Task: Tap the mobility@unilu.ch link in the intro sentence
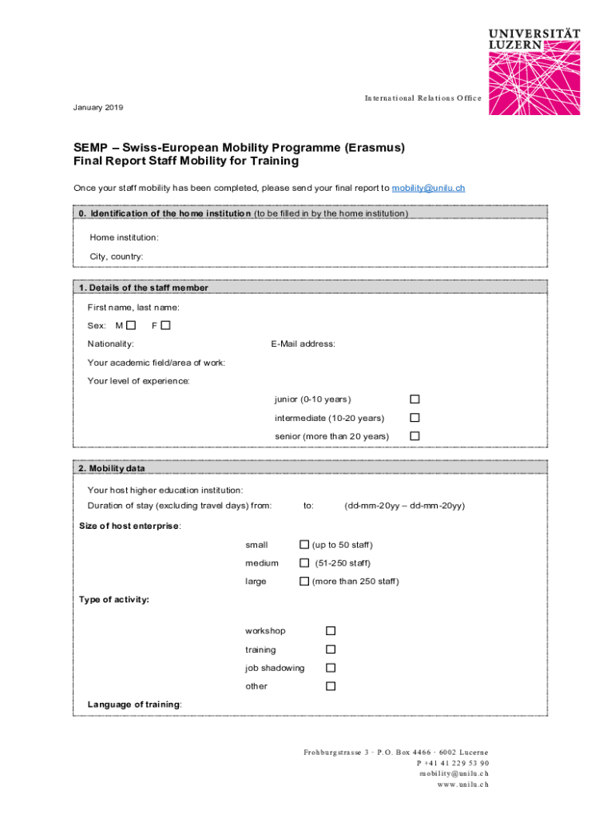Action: [428, 189]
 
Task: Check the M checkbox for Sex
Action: [131, 325]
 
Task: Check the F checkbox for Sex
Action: [165, 325]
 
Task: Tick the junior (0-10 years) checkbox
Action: [415, 399]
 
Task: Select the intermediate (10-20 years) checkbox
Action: [415, 418]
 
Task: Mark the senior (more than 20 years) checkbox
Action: [415, 436]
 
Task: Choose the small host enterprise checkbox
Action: [304, 545]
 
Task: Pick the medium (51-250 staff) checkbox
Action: [304, 563]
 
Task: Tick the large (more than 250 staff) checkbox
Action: [304, 582]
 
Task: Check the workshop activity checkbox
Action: [331, 631]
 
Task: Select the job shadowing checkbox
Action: [331, 668]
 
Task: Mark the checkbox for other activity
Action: [331, 686]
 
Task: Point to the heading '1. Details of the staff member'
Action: [144, 288]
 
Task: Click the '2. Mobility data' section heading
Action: [112, 468]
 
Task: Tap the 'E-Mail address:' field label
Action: [304, 344]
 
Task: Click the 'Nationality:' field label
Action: [111, 344]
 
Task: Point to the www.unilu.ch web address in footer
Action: [462, 784]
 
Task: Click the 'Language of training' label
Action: [134, 705]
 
